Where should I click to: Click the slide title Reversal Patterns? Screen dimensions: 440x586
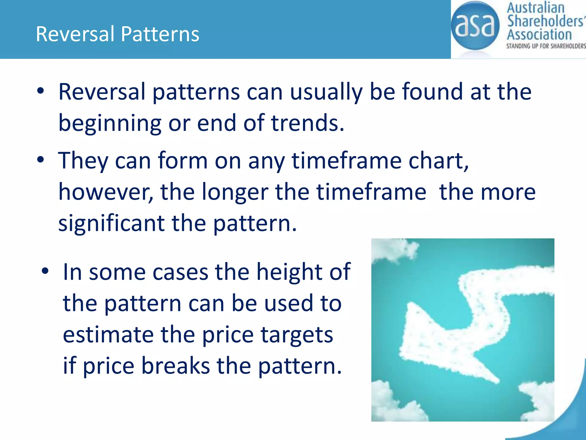(x=117, y=34)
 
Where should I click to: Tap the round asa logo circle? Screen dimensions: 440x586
(x=475, y=26)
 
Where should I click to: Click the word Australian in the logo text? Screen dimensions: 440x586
(x=535, y=8)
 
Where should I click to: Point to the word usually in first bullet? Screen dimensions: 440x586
(x=326, y=92)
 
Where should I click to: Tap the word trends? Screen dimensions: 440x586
(x=307, y=123)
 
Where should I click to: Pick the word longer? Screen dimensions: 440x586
(x=235, y=192)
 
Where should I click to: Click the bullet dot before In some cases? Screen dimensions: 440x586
(x=45, y=271)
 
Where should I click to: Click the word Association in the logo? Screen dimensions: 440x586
(x=539, y=35)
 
